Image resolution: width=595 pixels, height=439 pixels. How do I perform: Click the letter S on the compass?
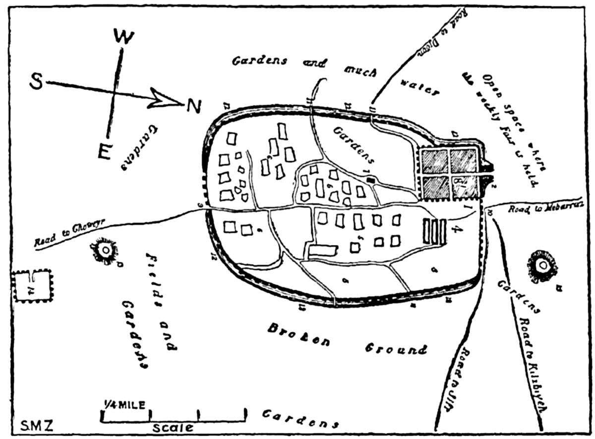(x=36, y=82)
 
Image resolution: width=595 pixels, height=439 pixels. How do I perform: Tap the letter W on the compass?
(x=123, y=36)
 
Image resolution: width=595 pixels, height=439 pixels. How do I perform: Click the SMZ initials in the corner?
(x=37, y=425)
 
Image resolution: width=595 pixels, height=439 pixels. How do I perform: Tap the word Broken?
(x=295, y=335)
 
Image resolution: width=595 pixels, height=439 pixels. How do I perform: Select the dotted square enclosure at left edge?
(x=32, y=286)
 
